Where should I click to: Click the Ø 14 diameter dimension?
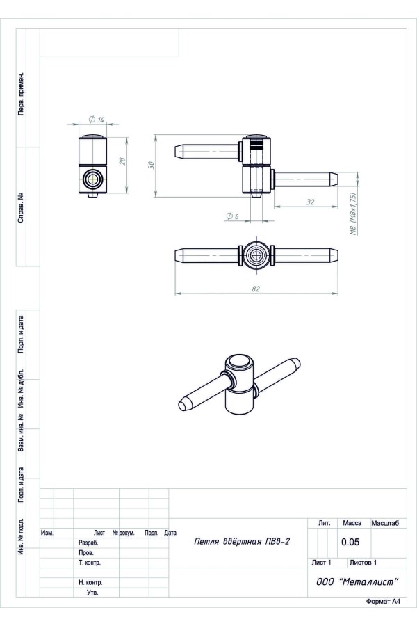pyautogui.click(x=96, y=120)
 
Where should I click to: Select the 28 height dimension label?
pyautogui.click(x=122, y=161)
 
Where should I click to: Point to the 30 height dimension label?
pyautogui.click(x=151, y=165)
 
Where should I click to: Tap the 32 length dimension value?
pyautogui.click(x=310, y=202)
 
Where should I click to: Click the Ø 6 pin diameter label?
pyautogui.click(x=232, y=216)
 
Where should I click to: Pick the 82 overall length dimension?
pyautogui.click(x=256, y=289)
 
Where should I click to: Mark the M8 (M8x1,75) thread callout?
pyautogui.click(x=353, y=214)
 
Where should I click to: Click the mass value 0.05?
pyautogui.click(x=350, y=542)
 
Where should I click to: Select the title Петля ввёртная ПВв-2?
pyautogui.click(x=242, y=541)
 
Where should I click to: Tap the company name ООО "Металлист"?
pyautogui.click(x=357, y=581)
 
